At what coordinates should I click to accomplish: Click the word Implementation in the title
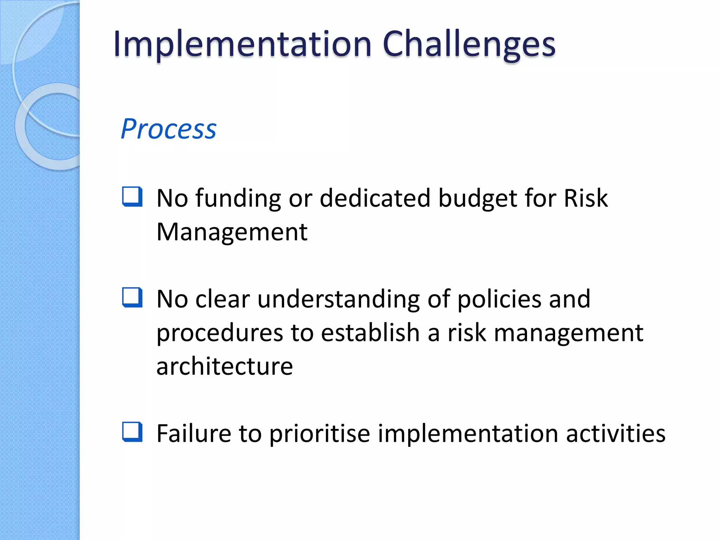pyautogui.click(x=242, y=45)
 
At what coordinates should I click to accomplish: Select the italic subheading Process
pyautogui.click(x=168, y=129)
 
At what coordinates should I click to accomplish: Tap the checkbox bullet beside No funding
pyautogui.click(x=133, y=197)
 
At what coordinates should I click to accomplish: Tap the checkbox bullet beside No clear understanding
pyautogui.click(x=133, y=297)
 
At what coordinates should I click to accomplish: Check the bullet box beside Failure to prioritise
pyautogui.click(x=133, y=432)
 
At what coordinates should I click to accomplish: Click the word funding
pyautogui.click(x=238, y=199)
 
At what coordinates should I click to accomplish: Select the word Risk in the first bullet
pyautogui.click(x=585, y=199)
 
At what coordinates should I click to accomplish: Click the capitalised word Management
pyautogui.click(x=232, y=232)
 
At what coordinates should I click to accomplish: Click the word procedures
pyautogui.click(x=220, y=333)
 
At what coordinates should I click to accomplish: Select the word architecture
pyautogui.click(x=224, y=366)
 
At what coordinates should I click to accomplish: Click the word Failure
pyautogui.click(x=194, y=433)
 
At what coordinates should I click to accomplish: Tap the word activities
pyautogui.click(x=616, y=433)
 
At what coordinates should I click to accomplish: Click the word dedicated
pyautogui.click(x=375, y=199)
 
